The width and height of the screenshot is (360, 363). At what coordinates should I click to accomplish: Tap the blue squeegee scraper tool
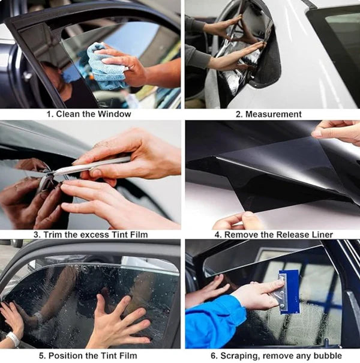(x=289, y=291)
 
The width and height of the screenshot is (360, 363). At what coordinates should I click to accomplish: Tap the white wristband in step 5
(x=13, y=339)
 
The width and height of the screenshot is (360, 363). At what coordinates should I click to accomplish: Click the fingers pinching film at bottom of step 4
(x=240, y=221)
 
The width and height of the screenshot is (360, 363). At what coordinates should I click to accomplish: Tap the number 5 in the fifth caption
(x=41, y=356)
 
